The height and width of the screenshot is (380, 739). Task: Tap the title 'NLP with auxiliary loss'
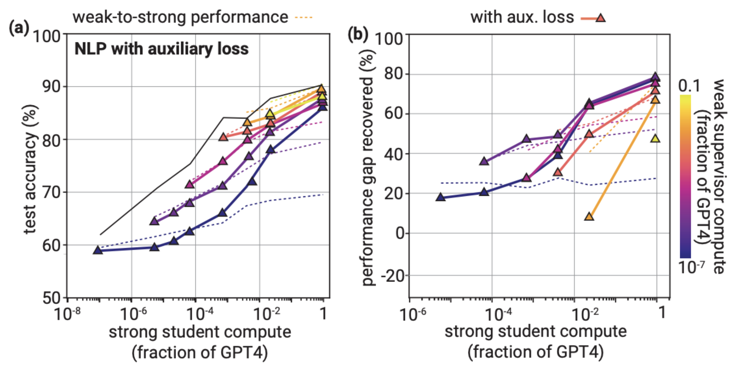coord(161,49)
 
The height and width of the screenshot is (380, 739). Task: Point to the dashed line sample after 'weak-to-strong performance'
coord(304,17)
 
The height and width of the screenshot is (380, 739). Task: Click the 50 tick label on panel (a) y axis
coord(52,298)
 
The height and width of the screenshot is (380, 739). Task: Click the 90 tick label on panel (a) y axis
coord(52,86)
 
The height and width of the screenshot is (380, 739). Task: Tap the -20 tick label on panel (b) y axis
coord(393,276)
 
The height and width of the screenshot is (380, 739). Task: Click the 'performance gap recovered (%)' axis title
coord(368,167)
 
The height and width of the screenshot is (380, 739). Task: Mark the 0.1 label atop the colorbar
coord(689,86)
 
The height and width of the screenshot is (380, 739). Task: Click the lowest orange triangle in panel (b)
coord(589,217)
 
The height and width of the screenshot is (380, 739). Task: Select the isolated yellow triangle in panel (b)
coord(655,139)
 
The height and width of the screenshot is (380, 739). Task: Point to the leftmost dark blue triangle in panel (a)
coord(98,250)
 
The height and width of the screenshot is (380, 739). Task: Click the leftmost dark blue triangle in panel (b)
coord(440,197)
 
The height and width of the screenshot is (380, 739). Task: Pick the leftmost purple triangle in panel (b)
coord(484,161)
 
